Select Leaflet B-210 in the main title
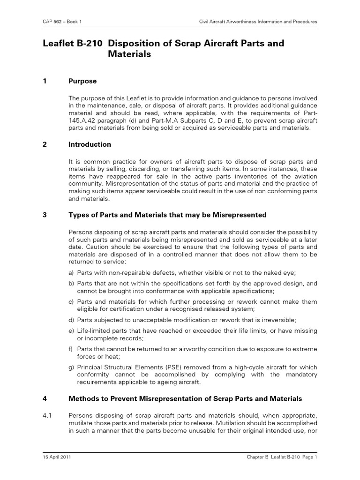[x=70, y=44]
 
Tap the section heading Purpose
[x=82, y=81]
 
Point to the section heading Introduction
[x=90, y=144]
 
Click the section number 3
[x=45, y=215]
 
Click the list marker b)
[x=72, y=284]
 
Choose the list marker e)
[x=72, y=331]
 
